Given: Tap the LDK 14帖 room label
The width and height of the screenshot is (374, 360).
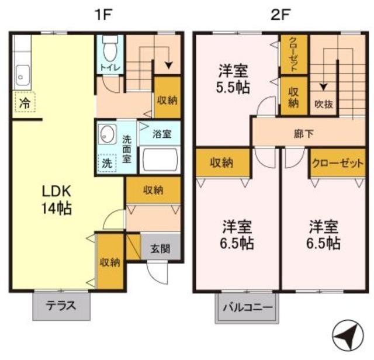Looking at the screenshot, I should pyautogui.click(x=56, y=199).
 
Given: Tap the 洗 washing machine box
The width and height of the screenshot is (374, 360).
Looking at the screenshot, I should pyautogui.click(x=107, y=163).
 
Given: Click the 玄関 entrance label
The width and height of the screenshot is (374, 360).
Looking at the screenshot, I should pyautogui.click(x=161, y=249).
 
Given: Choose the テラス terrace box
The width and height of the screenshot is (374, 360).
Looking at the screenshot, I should pyautogui.click(x=61, y=305).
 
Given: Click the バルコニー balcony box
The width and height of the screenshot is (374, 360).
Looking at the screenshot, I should pyautogui.click(x=247, y=307).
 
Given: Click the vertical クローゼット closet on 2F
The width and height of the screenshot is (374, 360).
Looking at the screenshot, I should pyautogui.click(x=293, y=54).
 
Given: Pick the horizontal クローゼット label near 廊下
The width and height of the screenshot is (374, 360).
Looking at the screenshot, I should pyautogui.click(x=337, y=163).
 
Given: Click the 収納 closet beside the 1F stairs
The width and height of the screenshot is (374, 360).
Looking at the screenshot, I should pyautogui.click(x=167, y=100).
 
